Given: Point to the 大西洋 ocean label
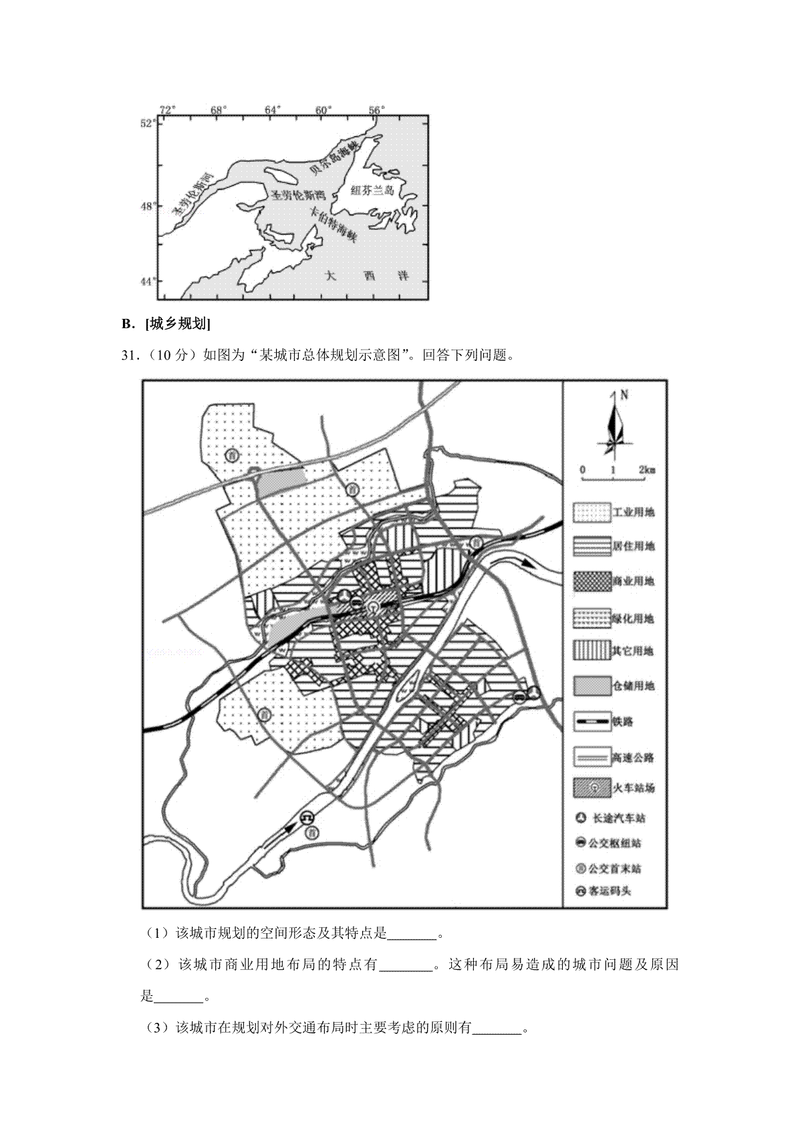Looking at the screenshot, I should (366, 275).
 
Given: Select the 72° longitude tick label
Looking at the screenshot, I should (167, 110).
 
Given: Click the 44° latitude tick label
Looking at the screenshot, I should (148, 281).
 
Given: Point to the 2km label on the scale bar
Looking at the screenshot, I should (646, 471).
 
